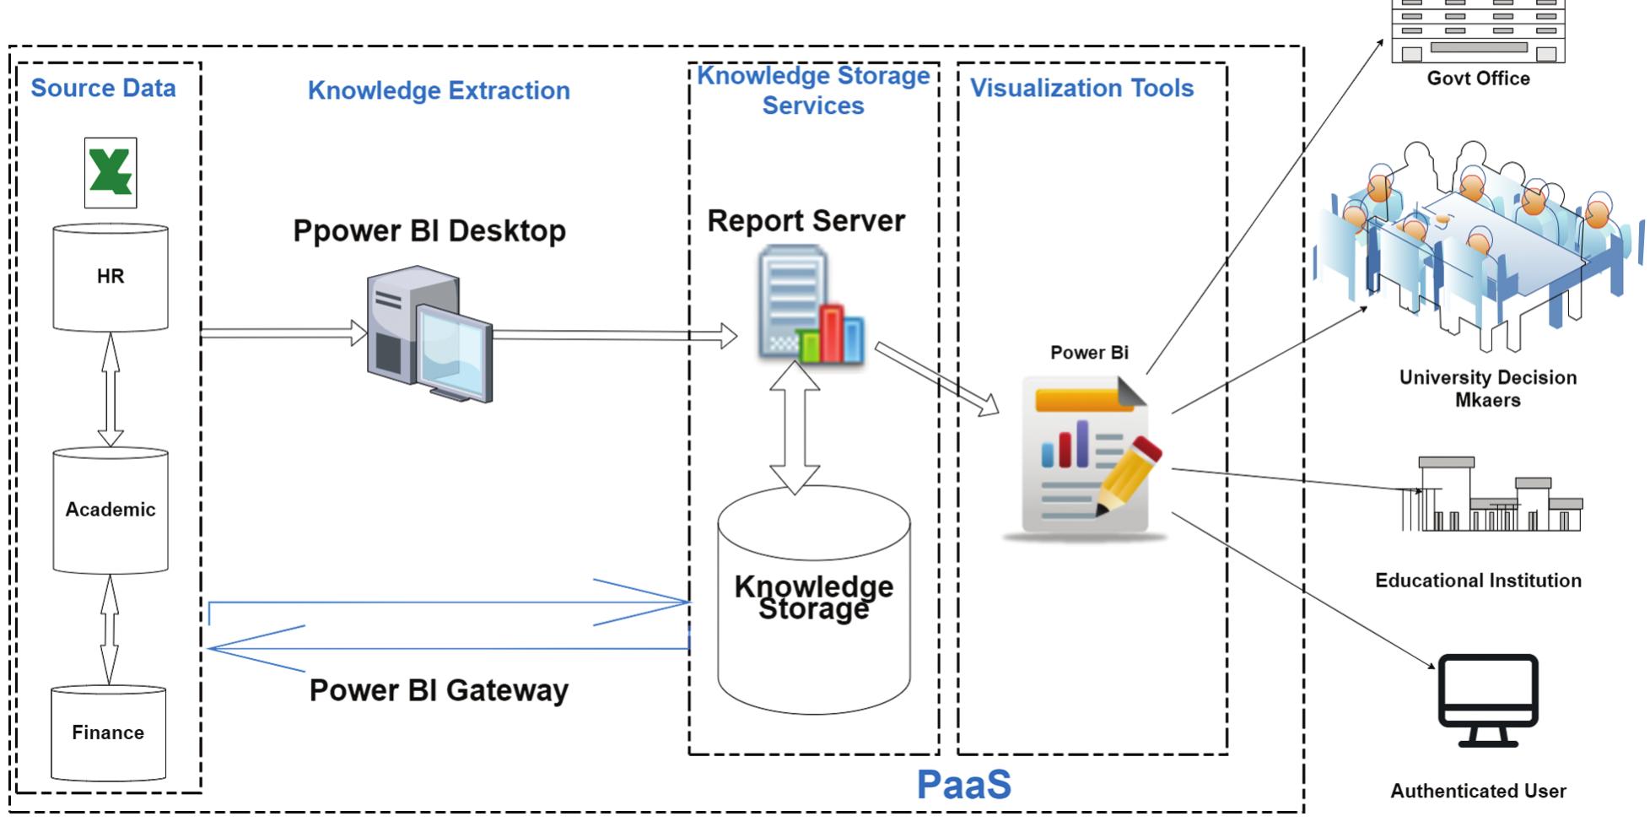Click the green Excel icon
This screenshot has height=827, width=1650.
(x=111, y=172)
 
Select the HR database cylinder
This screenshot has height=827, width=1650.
(x=111, y=277)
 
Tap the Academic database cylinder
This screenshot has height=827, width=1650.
(x=111, y=510)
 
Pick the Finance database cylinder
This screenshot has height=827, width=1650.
(x=108, y=732)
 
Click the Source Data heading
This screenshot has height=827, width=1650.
(x=103, y=88)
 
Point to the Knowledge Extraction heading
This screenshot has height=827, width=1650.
(x=439, y=90)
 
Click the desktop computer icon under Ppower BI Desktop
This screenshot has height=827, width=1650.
(x=429, y=334)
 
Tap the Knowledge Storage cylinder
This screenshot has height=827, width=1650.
(x=814, y=599)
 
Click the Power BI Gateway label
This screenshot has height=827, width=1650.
(x=439, y=690)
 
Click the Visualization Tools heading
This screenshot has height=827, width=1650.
(x=1082, y=88)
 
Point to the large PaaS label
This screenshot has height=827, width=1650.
(x=963, y=785)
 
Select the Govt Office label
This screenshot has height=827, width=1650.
(x=1478, y=78)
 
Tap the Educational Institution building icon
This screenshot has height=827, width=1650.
(x=1491, y=496)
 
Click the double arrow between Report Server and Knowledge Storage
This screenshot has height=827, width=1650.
(x=795, y=428)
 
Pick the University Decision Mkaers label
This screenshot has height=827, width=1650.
(x=1488, y=388)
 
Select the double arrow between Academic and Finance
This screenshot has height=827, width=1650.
(x=110, y=630)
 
